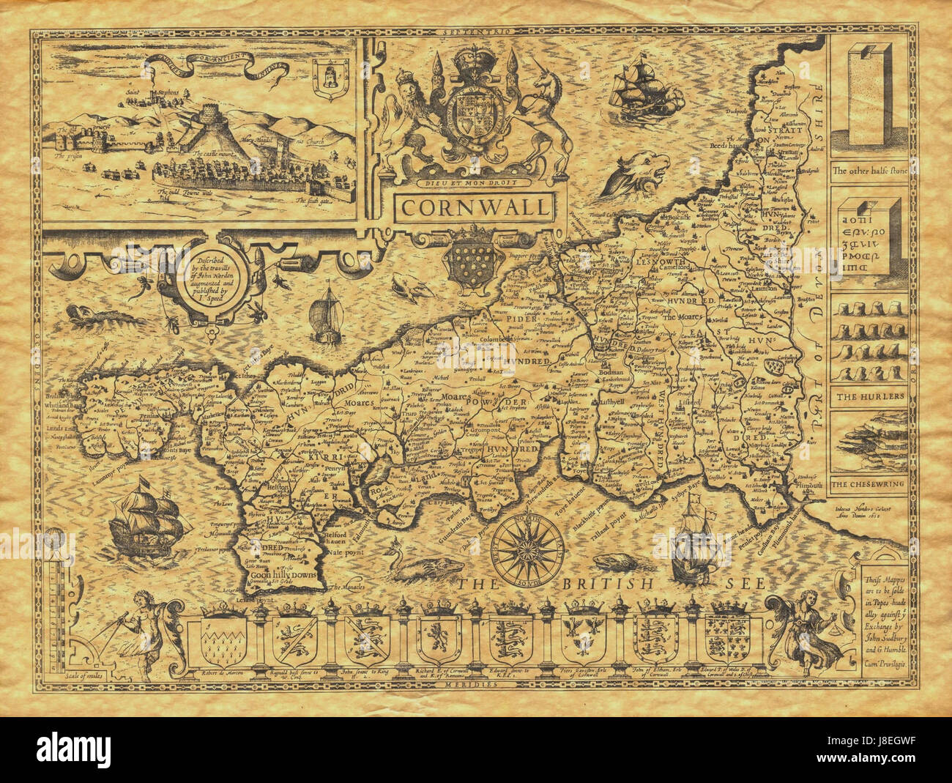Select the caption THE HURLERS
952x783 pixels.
[x=868, y=396]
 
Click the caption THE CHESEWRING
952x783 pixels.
[x=869, y=484]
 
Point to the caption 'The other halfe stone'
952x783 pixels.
[x=869, y=170]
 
